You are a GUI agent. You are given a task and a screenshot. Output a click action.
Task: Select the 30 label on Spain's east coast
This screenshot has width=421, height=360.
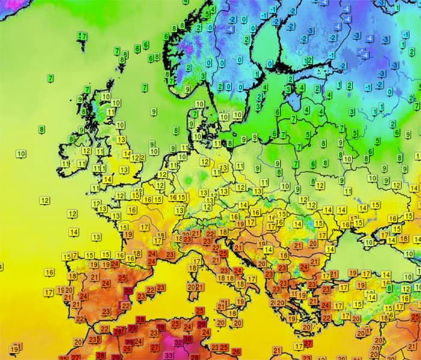coord(128,291)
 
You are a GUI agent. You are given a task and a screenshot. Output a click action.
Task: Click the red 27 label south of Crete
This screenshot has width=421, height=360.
coord(308,343)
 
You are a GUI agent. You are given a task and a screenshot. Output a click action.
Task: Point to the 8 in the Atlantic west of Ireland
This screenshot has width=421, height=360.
coord(41,129)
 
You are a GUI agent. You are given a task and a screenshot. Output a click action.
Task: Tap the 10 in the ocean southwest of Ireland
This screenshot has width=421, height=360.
coord(21,154)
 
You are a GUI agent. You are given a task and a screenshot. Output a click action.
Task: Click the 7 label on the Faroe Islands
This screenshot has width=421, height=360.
coord(83,37)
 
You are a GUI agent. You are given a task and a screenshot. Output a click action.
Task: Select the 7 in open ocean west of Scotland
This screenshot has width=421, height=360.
coord(51,78)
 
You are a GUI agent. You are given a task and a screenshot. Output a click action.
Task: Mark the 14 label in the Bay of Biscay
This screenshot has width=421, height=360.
coord(74,232)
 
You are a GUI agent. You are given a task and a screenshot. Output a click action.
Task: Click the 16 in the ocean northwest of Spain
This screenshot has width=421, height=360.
coord(49,272)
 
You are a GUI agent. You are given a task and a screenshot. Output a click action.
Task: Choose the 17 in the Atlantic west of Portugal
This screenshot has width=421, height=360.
coord(48,292)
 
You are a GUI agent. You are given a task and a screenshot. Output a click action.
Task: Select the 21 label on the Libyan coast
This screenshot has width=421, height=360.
coord(277,350)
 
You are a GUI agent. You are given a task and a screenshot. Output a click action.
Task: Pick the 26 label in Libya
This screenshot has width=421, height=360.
coord(236,352)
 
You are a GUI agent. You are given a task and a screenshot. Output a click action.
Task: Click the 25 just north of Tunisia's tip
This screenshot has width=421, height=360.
coord(200,311)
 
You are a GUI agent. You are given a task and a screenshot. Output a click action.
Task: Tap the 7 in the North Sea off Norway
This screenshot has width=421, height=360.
coord(145,88)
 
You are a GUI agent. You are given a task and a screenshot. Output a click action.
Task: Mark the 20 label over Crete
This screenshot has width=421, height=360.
coord(307,327)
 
